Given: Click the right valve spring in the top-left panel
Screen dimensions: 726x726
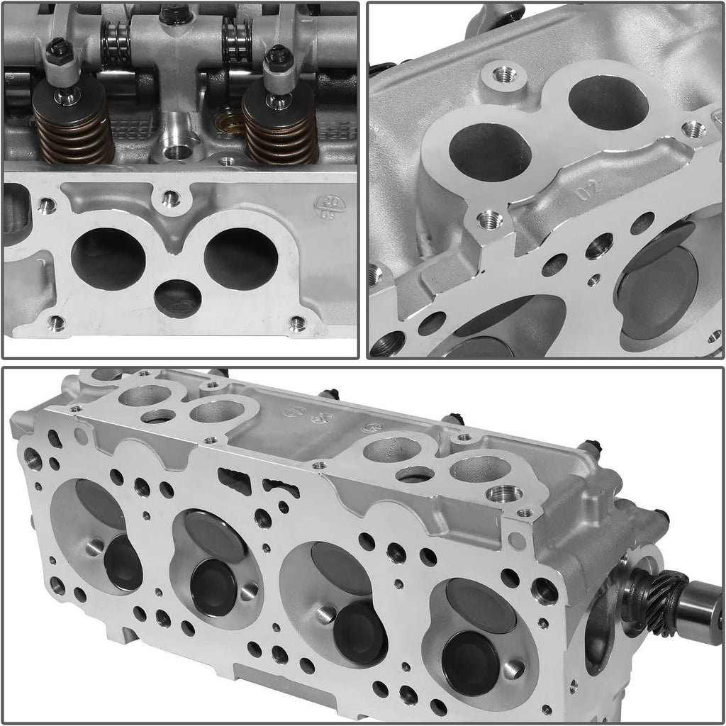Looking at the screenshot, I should [280, 131].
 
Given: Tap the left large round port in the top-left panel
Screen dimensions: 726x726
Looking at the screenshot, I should [108, 259].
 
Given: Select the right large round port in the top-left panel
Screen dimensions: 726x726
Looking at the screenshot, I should [241, 259].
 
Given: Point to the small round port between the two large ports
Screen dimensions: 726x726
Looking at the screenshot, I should [177, 298].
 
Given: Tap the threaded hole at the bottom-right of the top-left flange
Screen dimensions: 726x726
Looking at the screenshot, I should [297, 324].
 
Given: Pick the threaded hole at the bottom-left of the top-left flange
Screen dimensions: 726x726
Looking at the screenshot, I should [56, 324].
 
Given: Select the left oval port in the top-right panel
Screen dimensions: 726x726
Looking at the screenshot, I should [490, 152].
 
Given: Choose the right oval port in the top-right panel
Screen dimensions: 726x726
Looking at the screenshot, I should [608, 103].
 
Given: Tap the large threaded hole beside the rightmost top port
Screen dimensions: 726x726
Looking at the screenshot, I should [505, 493].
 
